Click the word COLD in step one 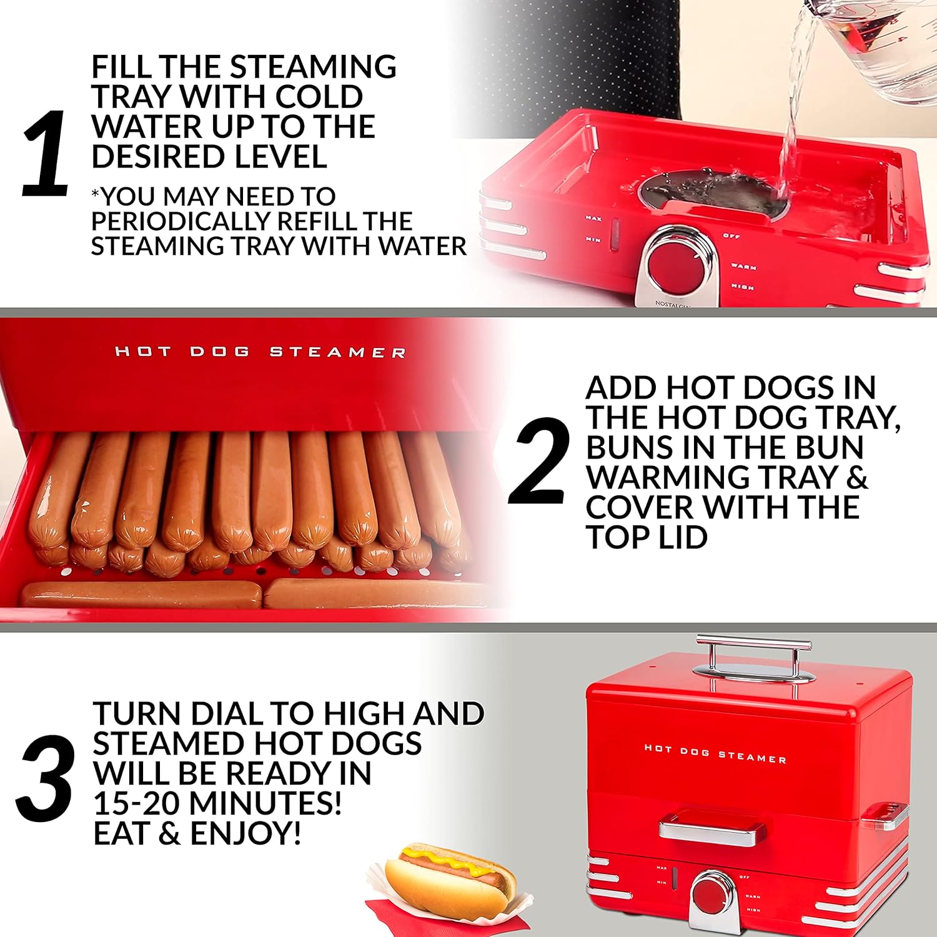319,97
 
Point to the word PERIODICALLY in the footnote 181,221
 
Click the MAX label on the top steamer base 593,218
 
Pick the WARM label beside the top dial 743,267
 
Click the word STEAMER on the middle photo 337,352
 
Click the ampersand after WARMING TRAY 857,477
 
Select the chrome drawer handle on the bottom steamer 712,831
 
